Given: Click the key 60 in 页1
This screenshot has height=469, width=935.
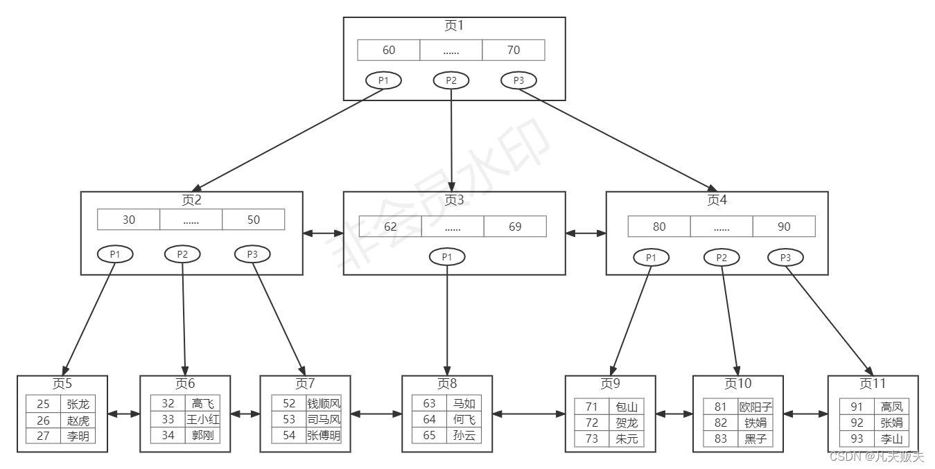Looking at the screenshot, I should pyautogui.click(x=389, y=50).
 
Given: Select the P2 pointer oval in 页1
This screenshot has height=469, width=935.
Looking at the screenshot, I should pyautogui.click(x=451, y=80).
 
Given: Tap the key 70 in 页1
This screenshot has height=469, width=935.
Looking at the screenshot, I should pyautogui.click(x=513, y=50).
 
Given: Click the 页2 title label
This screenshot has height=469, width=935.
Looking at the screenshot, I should pyautogui.click(x=191, y=200).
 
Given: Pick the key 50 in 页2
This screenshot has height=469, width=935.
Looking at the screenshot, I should pyautogui.click(x=253, y=220).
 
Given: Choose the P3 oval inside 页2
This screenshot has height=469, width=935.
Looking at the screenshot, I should pyautogui.click(x=252, y=254).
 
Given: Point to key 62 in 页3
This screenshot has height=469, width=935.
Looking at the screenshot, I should pyautogui.click(x=390, y=227).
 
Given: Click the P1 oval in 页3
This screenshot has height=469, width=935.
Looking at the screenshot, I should pyautogui.click(x=447, y=257).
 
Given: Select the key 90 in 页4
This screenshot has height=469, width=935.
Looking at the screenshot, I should pyautogui.click(x=784, y=227).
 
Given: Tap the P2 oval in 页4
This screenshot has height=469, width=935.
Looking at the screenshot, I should pyautogui.click(x=722, y=258).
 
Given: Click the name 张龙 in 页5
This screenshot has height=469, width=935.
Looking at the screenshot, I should pyautogui.click(x=78, y=404).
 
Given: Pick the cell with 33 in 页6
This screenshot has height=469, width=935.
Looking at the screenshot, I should pyautogui.click(x=168, y=419).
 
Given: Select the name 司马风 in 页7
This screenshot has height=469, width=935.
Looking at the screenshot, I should pyautogui.click(x=324, y=419).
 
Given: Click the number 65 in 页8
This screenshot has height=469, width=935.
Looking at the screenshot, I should pyautogui.click(x=429, y=436).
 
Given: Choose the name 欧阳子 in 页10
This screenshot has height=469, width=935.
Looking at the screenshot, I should pyautogui.click(x=755, y=407).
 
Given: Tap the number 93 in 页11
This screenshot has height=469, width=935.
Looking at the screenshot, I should pyautogui.click(x=857, y=439).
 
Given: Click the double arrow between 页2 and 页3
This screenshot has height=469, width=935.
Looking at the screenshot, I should pyautogui.click(x=323, y=234).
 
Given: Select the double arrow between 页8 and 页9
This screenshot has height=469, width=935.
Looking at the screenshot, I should pyautogui.click(x=528, y=414).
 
